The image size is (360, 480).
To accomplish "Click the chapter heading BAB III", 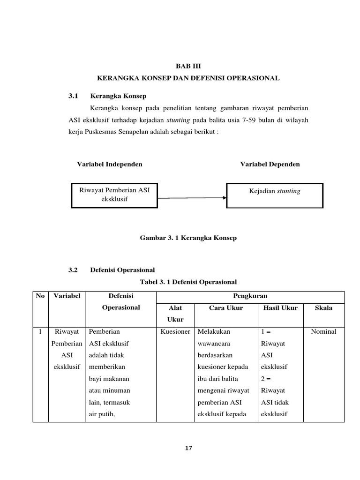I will point(187,67).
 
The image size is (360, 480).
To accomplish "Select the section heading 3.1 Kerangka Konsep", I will point(107,96).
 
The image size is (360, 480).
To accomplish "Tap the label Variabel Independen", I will point(110,164).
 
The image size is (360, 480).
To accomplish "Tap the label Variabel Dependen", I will point(270,164).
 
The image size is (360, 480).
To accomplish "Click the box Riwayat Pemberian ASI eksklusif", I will point(114,195).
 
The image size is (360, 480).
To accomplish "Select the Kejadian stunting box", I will point(275,195).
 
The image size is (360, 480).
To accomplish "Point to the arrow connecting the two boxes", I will point(192,197).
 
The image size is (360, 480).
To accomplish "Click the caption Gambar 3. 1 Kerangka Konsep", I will point(188,238).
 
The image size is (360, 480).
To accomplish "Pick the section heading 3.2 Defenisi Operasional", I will point(112,270).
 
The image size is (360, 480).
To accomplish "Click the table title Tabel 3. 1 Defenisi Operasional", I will point(188,282).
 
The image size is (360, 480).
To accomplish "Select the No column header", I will point(40,296).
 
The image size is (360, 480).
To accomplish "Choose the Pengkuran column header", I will point(250,296).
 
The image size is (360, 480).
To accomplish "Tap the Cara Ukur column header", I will point(226,308).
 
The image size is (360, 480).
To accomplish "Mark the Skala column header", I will point(323,308).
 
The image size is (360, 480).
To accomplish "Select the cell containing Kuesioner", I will point(175,331).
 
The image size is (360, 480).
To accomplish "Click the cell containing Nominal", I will point(323,331).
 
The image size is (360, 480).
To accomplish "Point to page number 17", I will point(188,448).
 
